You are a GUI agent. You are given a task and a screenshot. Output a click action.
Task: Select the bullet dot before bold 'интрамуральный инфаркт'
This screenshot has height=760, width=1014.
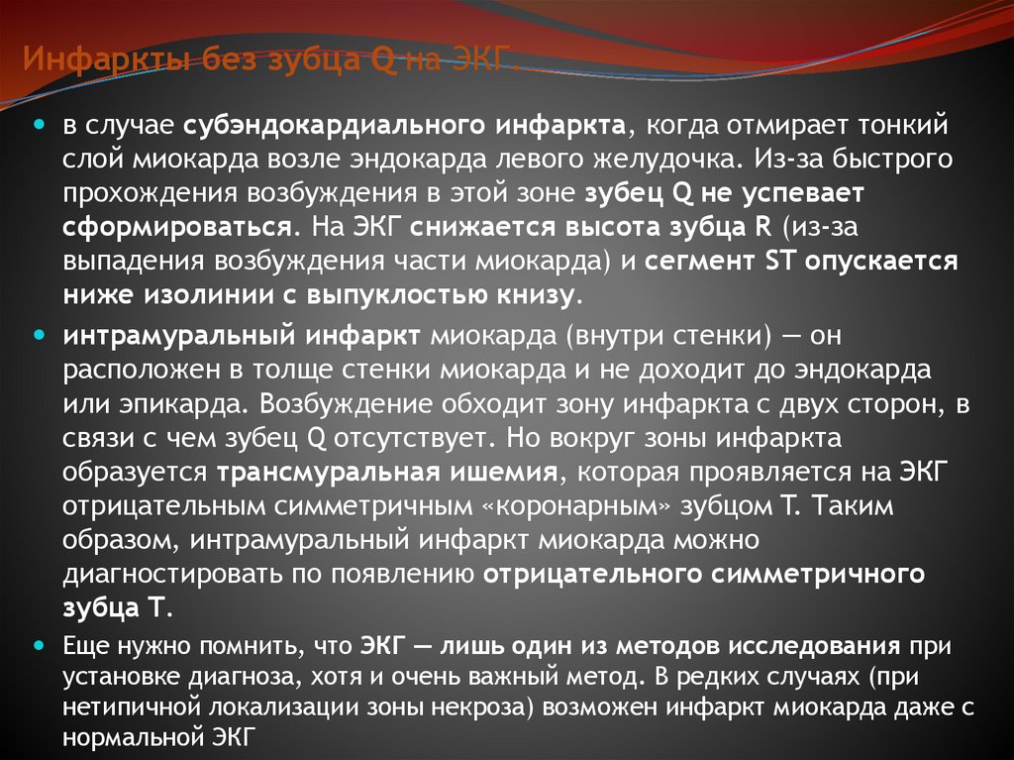[41, 335]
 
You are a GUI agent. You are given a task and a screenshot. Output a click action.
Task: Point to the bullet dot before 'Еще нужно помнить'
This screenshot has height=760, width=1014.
[41, 644]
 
